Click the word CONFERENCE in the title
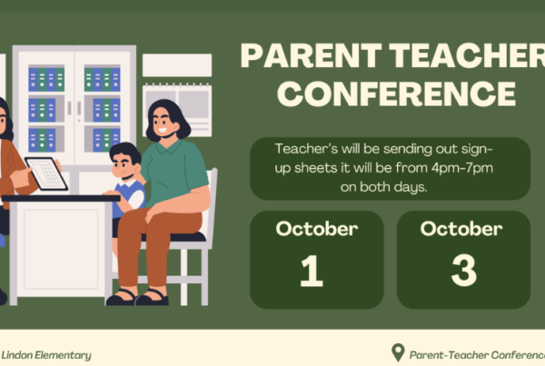click(396, 94)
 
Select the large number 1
click(312, 271)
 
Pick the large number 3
click(463, 270)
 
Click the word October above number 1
click(317, 229)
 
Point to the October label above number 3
click(461, 229)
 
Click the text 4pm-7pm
click(462, 168)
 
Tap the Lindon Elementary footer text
click(46, 355)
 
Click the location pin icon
click(398, 352)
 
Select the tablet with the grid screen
click(46, 173)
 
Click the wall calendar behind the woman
click(177, 110)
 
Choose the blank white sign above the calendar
click(177, 65)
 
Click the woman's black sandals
click(137, 298)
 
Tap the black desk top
click(61, 198)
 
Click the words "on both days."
click(383, 187)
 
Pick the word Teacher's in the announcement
click(306, 149)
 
